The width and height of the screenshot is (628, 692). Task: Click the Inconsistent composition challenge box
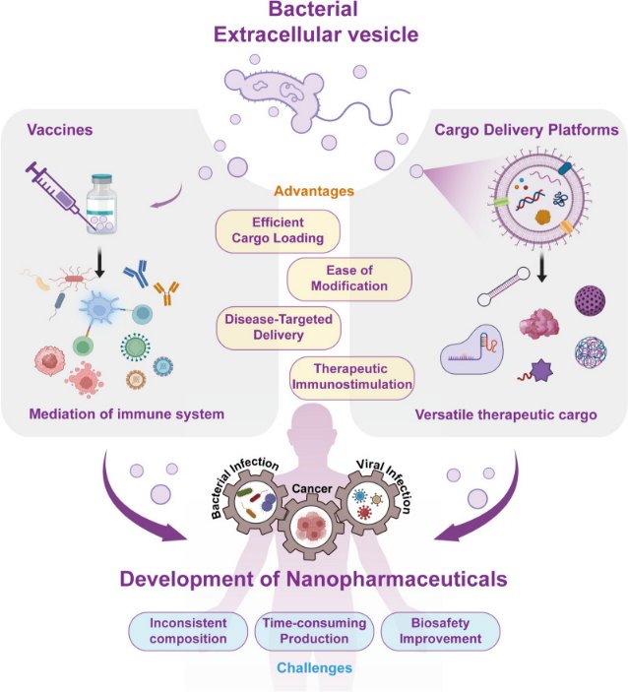click(187, 631)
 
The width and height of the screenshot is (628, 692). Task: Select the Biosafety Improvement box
click(440, 631)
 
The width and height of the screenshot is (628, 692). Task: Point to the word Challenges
click(313, 668)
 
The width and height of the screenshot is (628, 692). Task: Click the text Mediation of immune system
click(125, 414)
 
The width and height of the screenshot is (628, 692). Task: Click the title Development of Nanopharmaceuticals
click(313, 579)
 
